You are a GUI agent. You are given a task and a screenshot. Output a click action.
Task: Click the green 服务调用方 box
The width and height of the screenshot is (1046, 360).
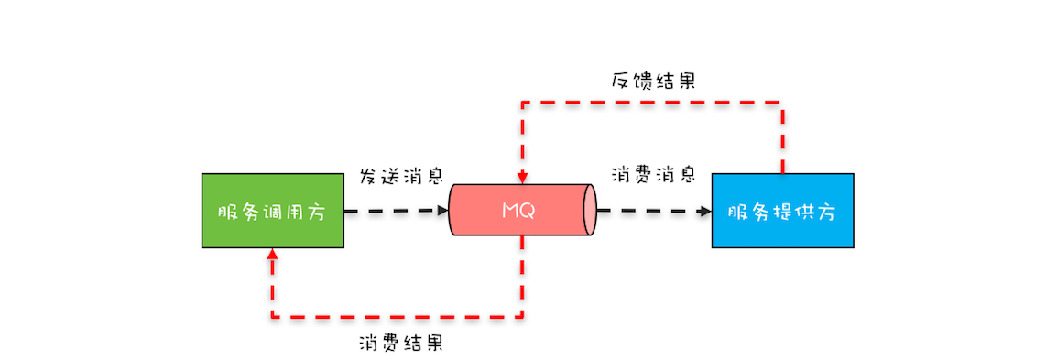pyautogui.click(x=272, y=211)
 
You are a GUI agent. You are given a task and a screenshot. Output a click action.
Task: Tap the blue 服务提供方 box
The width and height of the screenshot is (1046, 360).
pyautogui.click(x=782, y=211)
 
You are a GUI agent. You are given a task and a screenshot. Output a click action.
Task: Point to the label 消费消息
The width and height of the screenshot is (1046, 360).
pyautogui.click(x=651, y=174)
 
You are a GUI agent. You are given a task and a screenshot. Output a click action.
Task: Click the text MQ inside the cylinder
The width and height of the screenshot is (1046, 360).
pyautogui.click(x=518, y=211)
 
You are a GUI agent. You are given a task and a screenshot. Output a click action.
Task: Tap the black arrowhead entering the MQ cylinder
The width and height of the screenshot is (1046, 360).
pyautogui.click(x=443, y=211)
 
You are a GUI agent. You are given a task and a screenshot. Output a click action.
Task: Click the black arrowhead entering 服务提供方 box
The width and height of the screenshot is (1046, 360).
pyautogui.click(x=706, y=211)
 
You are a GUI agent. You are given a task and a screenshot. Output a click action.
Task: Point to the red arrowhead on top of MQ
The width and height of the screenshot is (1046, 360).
pyautogui.click(x=522, y=177)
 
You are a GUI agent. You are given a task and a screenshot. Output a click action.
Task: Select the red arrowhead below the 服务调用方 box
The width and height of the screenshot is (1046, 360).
pyautogui.click(x=272, y=255)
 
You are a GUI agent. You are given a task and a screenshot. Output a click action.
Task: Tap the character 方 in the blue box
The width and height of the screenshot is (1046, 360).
pyautogui.click(x=826, y=212)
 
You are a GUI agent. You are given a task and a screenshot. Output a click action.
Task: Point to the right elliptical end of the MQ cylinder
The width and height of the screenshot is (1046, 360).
pyautogui.click(x=589, y=211)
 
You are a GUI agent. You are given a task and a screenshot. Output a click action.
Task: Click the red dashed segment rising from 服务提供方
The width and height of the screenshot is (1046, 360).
pyautogui.click(x=782, y=137)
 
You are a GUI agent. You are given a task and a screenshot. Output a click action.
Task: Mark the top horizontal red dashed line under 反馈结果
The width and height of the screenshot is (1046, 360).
pyautogui.click(x=651, y=102)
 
